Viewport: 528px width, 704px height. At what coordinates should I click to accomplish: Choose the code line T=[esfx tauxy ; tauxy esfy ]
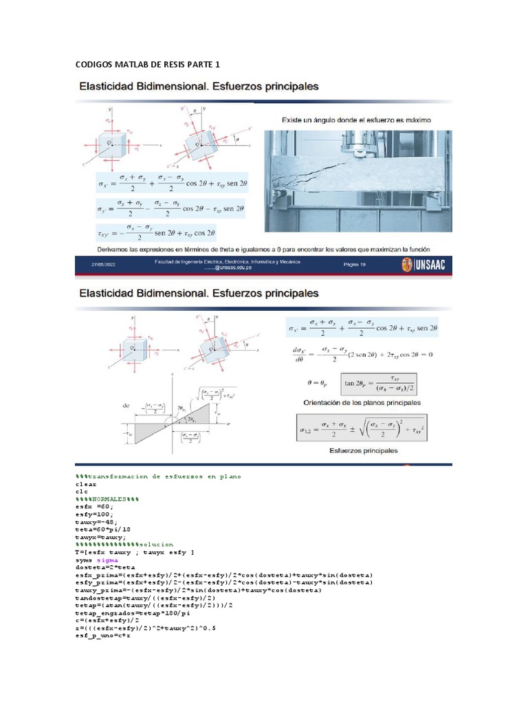tap(134, 552)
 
